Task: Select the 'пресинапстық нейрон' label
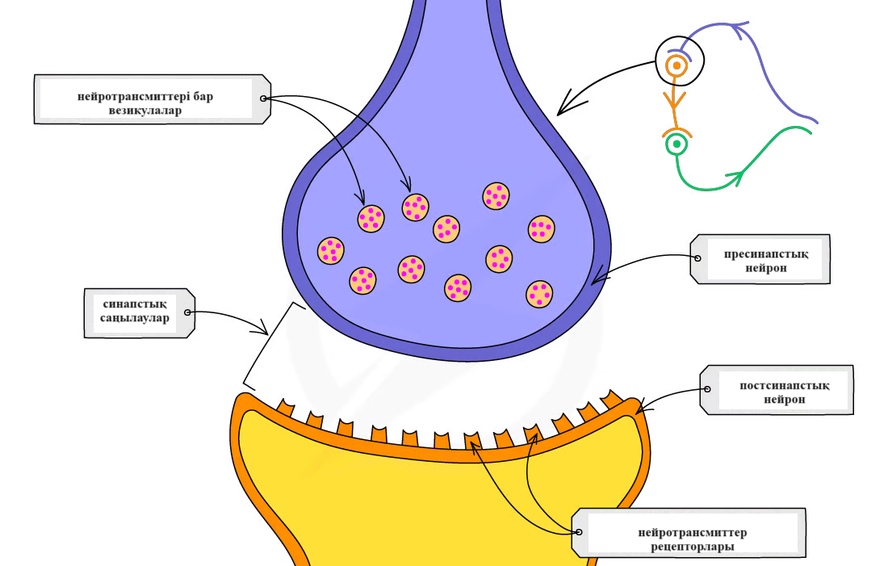765,259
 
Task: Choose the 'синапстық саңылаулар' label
136,312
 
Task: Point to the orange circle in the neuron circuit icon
676,65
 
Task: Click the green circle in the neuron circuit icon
676,145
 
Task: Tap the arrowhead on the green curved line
735,174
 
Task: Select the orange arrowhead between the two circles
674,100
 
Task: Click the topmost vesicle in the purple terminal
496,196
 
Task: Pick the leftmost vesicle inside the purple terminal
330,251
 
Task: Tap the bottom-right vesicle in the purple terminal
539,295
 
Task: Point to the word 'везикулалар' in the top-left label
145,111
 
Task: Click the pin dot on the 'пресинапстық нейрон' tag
697,258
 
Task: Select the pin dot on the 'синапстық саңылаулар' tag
188,312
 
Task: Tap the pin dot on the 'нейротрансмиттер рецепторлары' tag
578,532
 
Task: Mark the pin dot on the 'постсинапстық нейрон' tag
707,389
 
